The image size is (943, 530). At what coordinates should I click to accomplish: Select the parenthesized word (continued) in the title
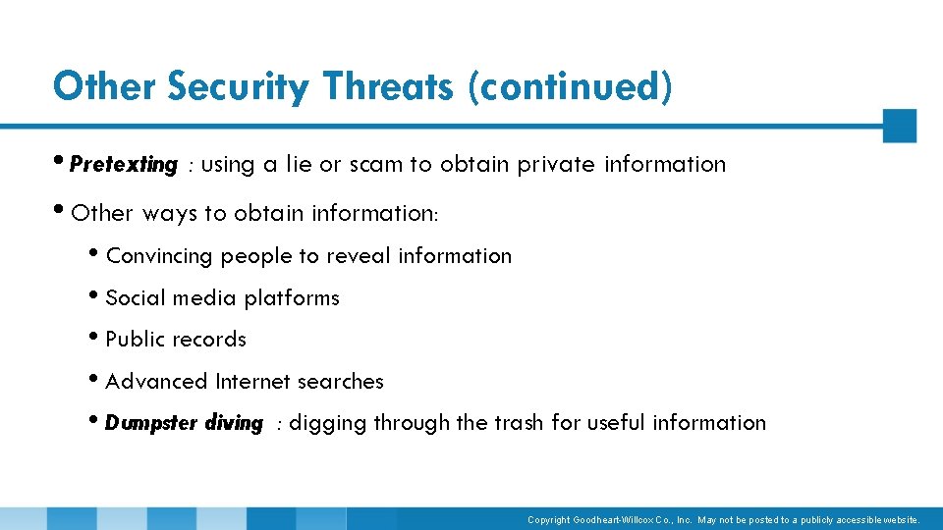click(x=571, y=86)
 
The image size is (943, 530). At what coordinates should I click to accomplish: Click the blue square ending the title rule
click(x=899, y=126)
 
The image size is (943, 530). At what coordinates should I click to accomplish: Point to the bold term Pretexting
click(x=124, y=165)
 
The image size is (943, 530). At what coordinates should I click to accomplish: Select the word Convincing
click(x=159, y=256)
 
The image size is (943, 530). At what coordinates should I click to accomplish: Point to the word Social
click(x=134, y=298)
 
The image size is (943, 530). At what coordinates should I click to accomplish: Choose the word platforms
click(x=292, y=298)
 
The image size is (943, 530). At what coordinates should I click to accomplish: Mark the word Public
click(x=133, y=340)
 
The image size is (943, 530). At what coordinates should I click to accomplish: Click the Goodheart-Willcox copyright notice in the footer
click(x=724, y=519)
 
